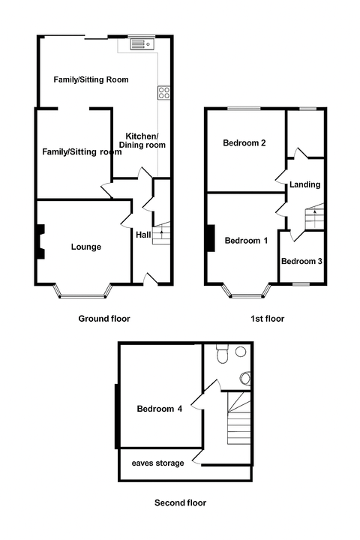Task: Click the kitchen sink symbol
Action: coord(142,44)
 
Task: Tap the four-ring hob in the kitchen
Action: coord(164,92)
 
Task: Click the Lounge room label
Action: coord(86,247)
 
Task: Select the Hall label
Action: coord(143,235)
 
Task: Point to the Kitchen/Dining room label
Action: coord(142,140)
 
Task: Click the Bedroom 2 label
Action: coord(244,142)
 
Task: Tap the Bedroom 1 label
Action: coord(246,241)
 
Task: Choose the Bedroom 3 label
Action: coord(301,262)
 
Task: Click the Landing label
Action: coord(305,184)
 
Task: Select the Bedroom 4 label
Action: coord(160,409)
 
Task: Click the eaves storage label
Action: coord(157,463)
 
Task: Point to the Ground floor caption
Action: coord(104,319)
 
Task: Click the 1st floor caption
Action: coord(267,319)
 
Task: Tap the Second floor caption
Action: coord(180,502)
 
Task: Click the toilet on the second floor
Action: coord(222,353)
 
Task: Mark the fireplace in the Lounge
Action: coord(40,241)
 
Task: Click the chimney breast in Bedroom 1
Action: coord(211,238)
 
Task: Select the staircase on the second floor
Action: coord(238,418)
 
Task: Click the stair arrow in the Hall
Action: coord(161,235)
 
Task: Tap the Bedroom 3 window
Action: coord(301,284)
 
